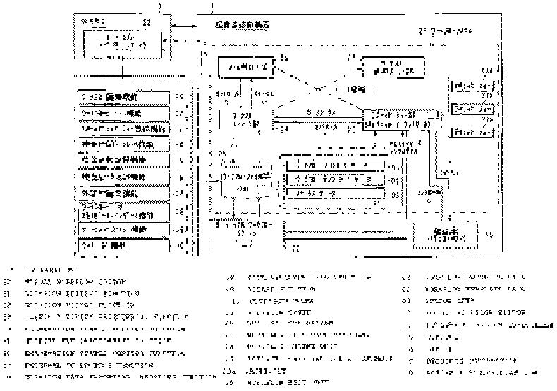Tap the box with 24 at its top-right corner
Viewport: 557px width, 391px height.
(243, 68)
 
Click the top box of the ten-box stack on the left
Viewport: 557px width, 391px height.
(123, 97)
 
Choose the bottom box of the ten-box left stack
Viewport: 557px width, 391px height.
(123, 246)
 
